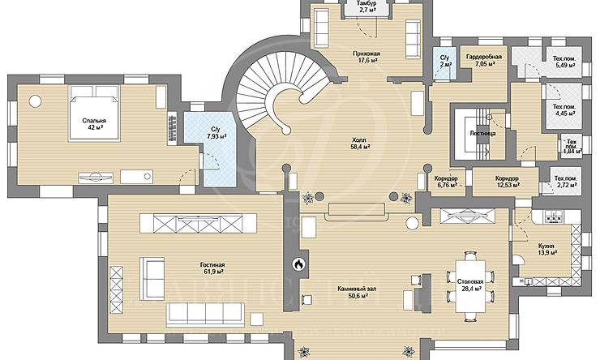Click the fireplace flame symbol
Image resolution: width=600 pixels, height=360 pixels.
299,264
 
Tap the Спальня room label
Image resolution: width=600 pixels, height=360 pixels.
94,121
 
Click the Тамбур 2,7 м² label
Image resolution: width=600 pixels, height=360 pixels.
367,6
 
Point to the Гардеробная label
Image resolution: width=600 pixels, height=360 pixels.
484,57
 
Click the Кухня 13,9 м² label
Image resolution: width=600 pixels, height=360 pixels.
546,249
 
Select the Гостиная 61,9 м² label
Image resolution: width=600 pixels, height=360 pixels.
212,268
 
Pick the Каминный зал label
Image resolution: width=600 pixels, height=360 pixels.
357,289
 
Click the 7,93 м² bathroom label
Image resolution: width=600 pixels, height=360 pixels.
216,136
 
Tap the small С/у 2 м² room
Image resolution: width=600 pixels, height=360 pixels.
445,63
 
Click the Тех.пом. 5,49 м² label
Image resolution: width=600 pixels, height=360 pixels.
564,62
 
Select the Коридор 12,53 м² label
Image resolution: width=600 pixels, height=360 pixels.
507,182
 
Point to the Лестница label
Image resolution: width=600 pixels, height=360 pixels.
483,134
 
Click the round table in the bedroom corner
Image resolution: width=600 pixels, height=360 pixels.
35,101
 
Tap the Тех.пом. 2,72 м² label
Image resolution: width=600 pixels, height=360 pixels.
566,182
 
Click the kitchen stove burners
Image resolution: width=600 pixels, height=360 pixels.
553,218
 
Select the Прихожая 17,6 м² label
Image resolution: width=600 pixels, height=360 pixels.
366,57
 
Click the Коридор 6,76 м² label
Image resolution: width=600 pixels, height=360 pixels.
446,182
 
